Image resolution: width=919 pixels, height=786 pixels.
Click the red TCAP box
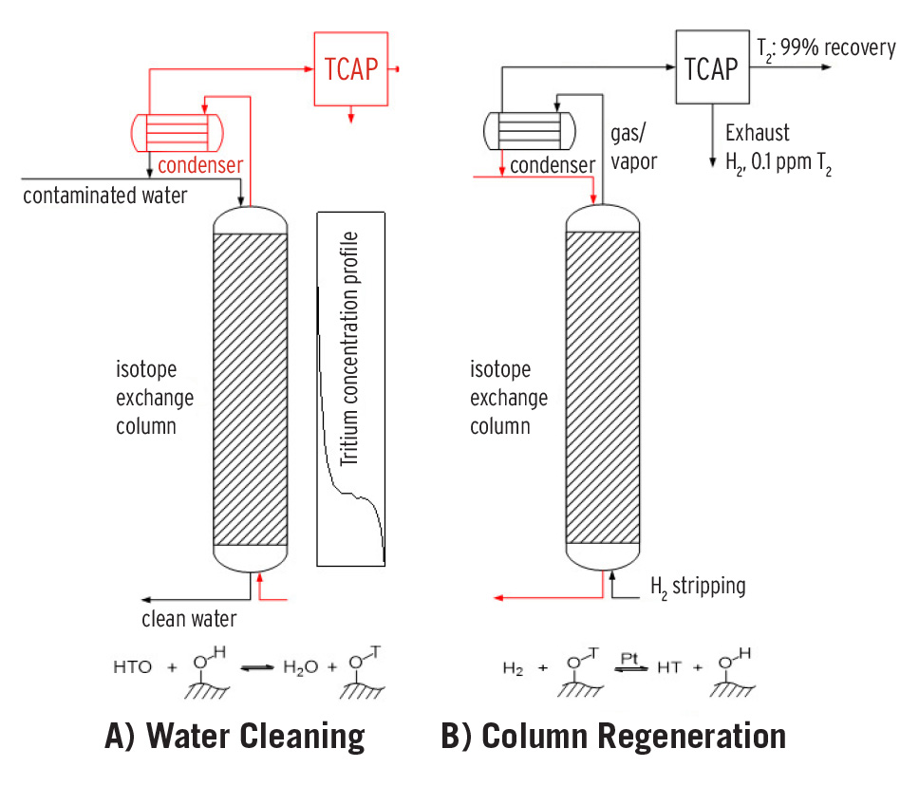pos(351,70)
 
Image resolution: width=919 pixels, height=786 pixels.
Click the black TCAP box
pos(711,68)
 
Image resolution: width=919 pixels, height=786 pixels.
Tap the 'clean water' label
pos(189,620)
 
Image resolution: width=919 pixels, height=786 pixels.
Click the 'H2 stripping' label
pos(698,586)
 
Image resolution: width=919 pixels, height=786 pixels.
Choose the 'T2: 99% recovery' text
pos(825,47)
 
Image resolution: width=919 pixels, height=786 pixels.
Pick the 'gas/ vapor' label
pos(630,150)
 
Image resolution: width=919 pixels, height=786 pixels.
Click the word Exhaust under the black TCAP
pos(757,132)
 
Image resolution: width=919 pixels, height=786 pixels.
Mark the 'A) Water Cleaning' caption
pos(234,737)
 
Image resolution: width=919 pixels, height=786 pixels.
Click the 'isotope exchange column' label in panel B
pos(509,397)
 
